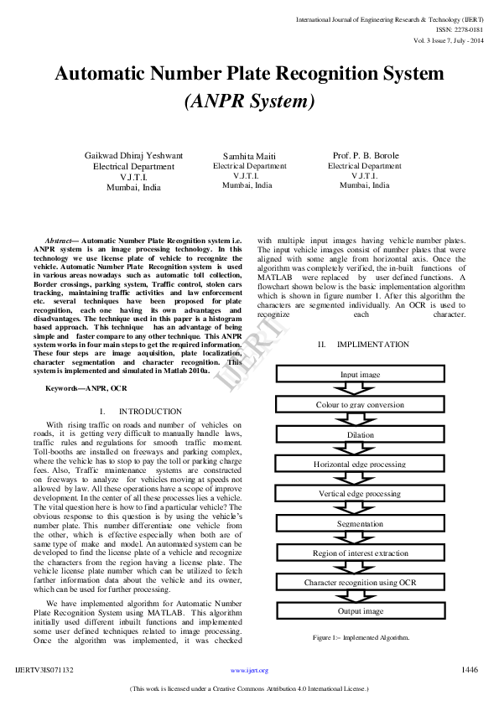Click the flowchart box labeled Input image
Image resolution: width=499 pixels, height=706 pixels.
click(360, 374)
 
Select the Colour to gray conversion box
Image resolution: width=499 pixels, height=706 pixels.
click(360, 405)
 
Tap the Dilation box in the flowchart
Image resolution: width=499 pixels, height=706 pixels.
click(360, 435)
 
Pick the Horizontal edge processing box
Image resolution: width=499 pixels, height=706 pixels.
click(360, 465)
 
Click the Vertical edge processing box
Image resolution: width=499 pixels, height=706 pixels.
click(360, 494)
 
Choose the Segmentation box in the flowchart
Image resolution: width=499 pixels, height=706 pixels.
click(360, 523)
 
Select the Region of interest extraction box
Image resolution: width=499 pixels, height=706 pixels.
click(360, 553)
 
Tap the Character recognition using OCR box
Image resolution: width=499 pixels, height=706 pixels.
click(360, 582)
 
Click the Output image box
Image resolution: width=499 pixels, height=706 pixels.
click(360, 611)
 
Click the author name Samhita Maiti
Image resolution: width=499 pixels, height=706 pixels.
click(249, 157)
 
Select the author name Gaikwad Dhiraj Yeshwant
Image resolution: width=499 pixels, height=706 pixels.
click(134, 156)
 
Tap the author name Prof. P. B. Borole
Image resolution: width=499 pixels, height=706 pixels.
click(365, 156)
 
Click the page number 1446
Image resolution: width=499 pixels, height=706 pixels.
click(470, 669)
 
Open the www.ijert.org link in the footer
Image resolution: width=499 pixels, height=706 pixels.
click(249, 670)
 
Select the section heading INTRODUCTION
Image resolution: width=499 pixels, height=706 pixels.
click(150, 412)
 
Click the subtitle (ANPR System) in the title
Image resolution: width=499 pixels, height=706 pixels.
click(249, 102)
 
